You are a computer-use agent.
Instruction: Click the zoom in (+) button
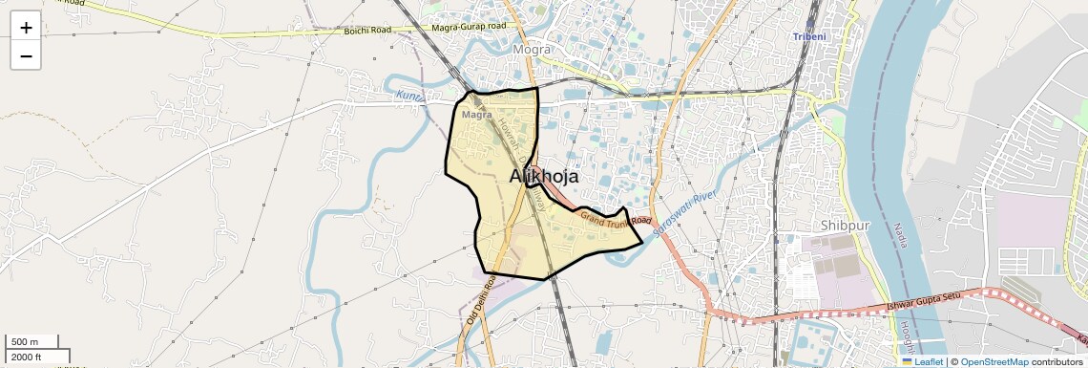[26, 28]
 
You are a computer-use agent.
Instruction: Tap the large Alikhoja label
[544, 176]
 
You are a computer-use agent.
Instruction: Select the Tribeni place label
[813, 36]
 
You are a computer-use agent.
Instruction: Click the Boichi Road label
[367, 31]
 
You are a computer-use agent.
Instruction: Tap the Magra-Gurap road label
[470, 28]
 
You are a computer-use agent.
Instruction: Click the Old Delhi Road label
[480, 300]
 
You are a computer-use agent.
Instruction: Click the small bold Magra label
[476, 115]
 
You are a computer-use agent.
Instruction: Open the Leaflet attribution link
[923, 361]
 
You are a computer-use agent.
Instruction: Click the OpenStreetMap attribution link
[994, 361]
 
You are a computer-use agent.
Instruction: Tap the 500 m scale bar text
[25, 342]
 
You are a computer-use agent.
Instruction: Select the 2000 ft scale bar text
[27, 357]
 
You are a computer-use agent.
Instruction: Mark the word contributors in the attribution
[1057, 361]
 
